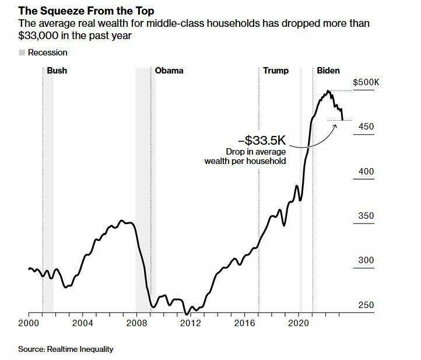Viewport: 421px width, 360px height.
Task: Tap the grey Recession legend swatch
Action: [x=22, y=53]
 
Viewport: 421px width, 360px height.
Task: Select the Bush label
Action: [x=57, y=71]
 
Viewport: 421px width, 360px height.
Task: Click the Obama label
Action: [x=169, y=71]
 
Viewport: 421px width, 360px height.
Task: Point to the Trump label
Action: [x=276, y=71]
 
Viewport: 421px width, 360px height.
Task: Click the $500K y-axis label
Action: [x=366, y=82]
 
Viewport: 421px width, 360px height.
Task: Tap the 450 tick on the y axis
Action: [x=367, y=127]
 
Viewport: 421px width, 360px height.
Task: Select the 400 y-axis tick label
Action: [x=367, y=172]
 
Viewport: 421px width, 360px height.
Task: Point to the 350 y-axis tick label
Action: [x=367, y=216]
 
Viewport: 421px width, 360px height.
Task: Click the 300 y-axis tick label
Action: [x=367, y=260]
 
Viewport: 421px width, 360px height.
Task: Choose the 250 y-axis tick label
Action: [x=367, y=305]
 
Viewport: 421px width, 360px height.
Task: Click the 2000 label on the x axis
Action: [x=29, y=323]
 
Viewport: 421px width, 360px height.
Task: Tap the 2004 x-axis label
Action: [x=82, y=323]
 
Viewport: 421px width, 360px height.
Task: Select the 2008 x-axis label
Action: [x=136, y=323]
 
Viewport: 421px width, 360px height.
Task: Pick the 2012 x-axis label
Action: [x=190, y=323]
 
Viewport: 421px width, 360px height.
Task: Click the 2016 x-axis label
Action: [x=244, y=323]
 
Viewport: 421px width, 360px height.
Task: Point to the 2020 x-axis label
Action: [x=298, y=323]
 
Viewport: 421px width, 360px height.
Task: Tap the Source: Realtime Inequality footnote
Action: [x=65, y=349]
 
